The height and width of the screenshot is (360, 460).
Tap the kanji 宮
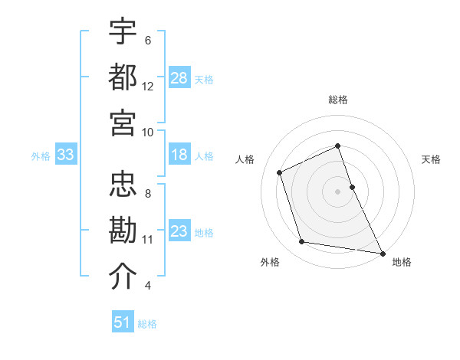point(123,123)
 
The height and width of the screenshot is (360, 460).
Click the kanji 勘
point(123,231)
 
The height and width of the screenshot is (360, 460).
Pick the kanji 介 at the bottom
point(123,277)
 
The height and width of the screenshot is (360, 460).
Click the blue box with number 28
point(179,78)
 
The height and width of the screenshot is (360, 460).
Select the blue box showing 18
point(179,155)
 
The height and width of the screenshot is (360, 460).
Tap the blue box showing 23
point(179,231)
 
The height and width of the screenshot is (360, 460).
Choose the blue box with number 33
point(65,155)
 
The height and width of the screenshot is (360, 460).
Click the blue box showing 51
point(123,322)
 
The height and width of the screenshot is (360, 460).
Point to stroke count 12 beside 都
point(148,87)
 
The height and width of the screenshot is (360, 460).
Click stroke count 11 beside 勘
point(148,240)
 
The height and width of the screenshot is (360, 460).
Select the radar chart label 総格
point(337,100)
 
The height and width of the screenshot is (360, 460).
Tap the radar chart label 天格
point(432,159)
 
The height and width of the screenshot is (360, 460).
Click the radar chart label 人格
point(245,159)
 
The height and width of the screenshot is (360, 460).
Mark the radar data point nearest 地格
point(382,253)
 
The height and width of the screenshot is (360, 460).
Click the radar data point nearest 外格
point(302,242)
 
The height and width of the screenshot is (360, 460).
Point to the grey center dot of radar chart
point(337,191)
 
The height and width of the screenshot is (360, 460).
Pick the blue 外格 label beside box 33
point(41,155)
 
